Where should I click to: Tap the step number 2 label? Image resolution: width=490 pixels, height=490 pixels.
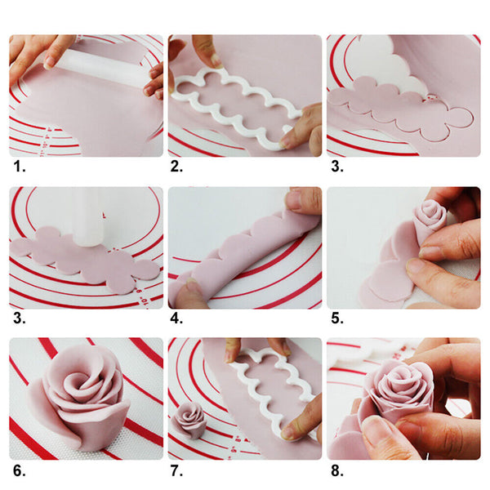176,167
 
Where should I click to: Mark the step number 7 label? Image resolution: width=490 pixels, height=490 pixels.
176,471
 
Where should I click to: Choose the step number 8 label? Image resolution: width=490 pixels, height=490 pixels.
335,471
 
